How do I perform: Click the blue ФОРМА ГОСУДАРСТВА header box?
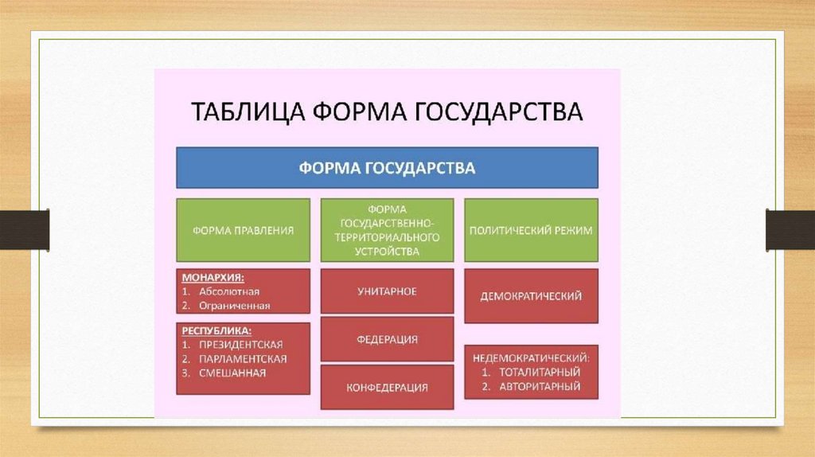pos(387,168)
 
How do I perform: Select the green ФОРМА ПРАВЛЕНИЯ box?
pos(244,230)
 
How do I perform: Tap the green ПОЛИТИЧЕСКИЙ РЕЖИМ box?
pos(531,230)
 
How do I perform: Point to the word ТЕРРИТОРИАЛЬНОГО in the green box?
pos(387,237)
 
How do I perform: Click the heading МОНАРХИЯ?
pos(213,279)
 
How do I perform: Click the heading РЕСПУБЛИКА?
pos(216,330)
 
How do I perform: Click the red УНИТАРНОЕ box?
pos(387,291)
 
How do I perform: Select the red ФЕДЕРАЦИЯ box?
pos(387,339)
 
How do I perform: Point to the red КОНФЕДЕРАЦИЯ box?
pos(387,388)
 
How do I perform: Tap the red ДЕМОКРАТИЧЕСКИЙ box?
pos(531,296)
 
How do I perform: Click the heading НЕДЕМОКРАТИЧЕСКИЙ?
pos(530,357)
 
